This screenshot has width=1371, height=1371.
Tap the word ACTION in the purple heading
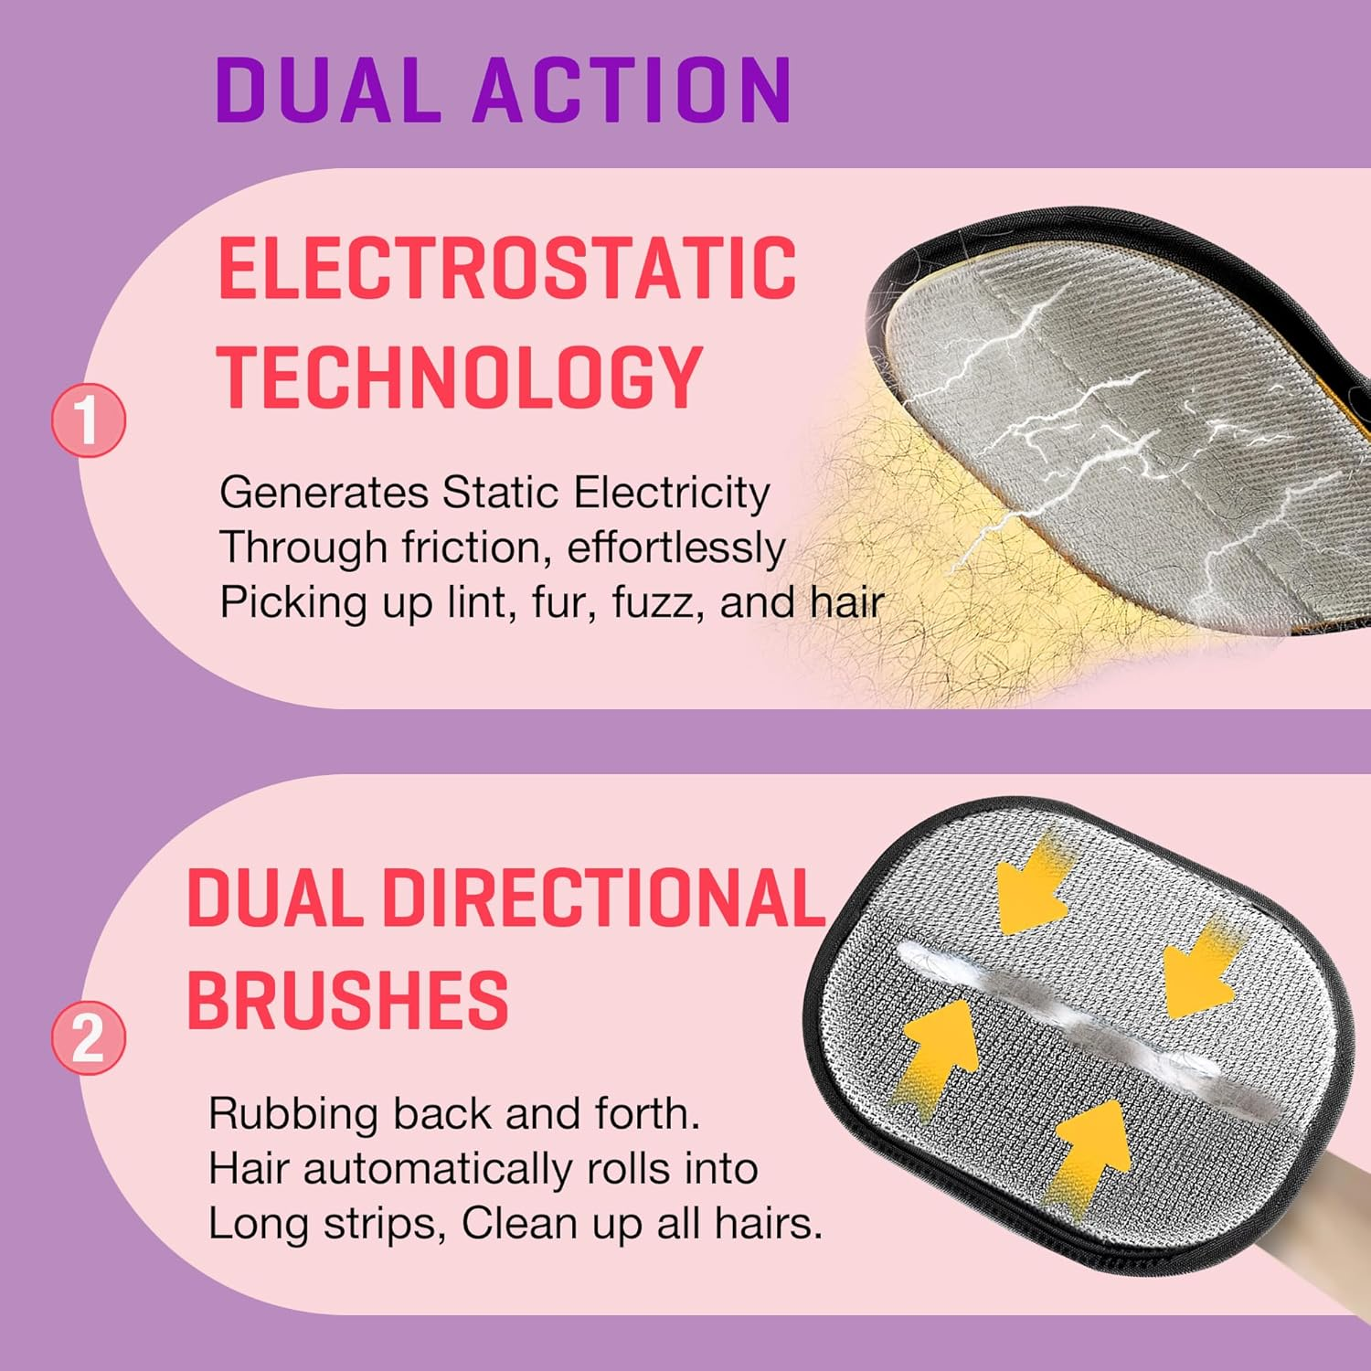click(x=631, y=90)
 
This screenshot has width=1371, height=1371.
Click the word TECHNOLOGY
click(x=460, y=377)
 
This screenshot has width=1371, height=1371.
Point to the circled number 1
click(x=88, y=420)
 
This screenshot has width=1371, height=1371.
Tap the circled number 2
click(x=88, y=1037)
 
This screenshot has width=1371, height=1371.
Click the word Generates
click(x=324, y=494)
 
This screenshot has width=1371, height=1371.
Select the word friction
click(x=476, y=548)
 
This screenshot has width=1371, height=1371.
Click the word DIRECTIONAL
click(x=603, y=899)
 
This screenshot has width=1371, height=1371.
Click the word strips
click(x=384, y=1225)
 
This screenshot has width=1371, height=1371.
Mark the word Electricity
click(x=672, y=494)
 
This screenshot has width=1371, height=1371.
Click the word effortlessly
click(x=675, y=548)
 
